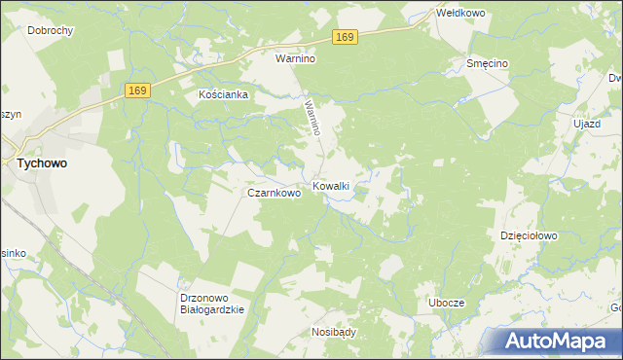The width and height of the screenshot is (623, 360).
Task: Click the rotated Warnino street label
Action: pos(312,115)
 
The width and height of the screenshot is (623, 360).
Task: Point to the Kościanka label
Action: pos(224,95)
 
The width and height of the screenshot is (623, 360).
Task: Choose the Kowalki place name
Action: pos(331,185)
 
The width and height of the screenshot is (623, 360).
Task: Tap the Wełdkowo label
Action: pos(461,14)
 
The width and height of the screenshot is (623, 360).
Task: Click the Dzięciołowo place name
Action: pos(528,235)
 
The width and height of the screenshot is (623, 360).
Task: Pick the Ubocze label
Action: pos(447,304)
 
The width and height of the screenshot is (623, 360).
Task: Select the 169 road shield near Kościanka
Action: pos(137,90)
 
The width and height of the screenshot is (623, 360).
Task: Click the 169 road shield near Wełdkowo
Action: pos(345,36)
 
